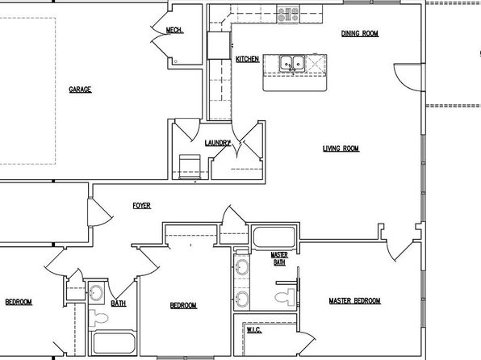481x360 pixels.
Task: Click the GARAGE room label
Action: (80, 90)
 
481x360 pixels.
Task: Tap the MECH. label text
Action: (175, 30)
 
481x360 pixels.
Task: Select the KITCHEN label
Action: (247, 59)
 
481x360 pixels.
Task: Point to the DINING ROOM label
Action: (360, 33)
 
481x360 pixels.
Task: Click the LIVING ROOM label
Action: (341, 149)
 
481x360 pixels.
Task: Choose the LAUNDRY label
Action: (217, 143)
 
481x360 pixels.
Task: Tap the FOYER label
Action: (142, 206)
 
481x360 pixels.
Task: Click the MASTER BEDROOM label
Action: (355, 301)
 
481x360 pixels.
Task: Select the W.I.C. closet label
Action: (254, 330)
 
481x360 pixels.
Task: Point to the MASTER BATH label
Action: (279, 259)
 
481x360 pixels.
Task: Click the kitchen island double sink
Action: (291, 64)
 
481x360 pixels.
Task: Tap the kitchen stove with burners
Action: (288, 15)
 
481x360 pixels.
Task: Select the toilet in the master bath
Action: (285, 297)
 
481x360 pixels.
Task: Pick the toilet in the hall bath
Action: (98, 318)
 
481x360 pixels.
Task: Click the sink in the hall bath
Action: (96, 292)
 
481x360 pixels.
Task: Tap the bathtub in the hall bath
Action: (114, 343)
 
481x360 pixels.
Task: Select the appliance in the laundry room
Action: (190, 167)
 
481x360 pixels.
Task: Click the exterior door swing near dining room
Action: (408, 77)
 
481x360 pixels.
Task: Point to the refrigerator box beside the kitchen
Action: (219, 45)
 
